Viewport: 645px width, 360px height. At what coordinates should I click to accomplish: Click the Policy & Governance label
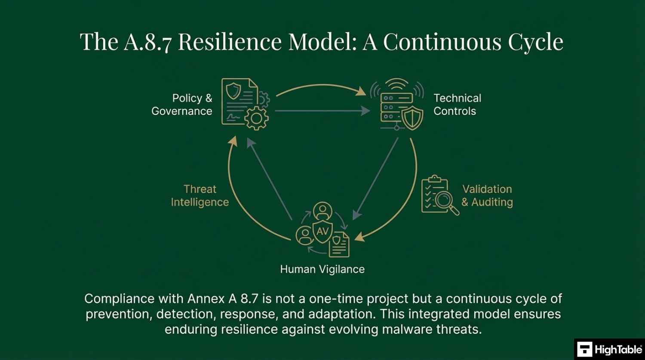tap(182, 105)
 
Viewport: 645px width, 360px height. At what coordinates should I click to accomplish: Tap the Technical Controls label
tap(457, 105)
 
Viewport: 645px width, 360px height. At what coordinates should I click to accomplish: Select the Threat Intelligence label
tap(200, 196)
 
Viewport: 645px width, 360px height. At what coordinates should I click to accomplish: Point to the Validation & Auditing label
tap(487, 196)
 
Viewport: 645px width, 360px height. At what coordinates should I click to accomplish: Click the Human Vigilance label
tap(322, 269)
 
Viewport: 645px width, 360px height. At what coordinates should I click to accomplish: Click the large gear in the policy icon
tap(256, 118)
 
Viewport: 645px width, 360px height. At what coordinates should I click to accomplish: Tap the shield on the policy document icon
tap(233, 91)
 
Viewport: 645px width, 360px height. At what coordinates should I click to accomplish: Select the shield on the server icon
tap(412, 118)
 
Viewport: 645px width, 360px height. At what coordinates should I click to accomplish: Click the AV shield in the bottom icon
tap(322, 231)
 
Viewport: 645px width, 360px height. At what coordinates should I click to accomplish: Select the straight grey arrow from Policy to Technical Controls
tap(322, 111)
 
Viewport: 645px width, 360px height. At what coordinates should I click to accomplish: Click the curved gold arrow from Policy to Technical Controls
tap(322, 85)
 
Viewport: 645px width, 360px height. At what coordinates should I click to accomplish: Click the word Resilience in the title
tap(230, 42)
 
